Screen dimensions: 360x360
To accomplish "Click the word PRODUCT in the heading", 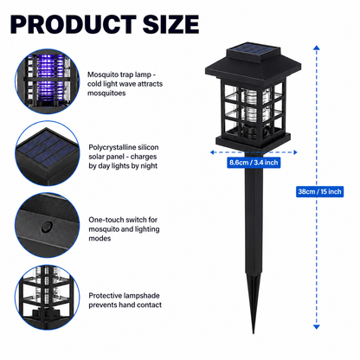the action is click(x=74, y=24).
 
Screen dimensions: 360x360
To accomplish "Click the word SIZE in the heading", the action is click(x=170, y=24).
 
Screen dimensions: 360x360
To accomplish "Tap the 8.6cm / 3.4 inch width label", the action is click(x=254, y=163).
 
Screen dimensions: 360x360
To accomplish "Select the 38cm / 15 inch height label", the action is click(x=319, y=191).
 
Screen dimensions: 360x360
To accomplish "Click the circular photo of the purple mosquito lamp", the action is click(x=48, y=81).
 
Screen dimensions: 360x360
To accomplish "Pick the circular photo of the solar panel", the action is click(x=48, y=153).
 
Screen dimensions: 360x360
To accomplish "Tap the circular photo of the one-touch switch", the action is click(x=48, y=226).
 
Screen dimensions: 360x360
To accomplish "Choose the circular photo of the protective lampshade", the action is click(x=48, y=298).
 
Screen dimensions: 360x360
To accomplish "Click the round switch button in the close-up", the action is click(x=47, y=227).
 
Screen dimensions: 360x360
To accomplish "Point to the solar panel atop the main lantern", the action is click(x=254, y=48).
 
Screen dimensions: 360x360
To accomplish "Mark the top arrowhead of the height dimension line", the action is click(x=317, y=48).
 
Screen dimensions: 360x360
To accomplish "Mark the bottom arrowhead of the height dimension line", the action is click(x=317, y=326).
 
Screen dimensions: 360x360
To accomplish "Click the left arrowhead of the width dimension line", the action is click(x=212, y=152).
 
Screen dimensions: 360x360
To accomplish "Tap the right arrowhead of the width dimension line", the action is click(x=295, y=152).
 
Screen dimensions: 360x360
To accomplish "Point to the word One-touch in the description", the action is click(x=103, y=220).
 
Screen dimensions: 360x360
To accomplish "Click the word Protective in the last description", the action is click(x=106, y=296).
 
